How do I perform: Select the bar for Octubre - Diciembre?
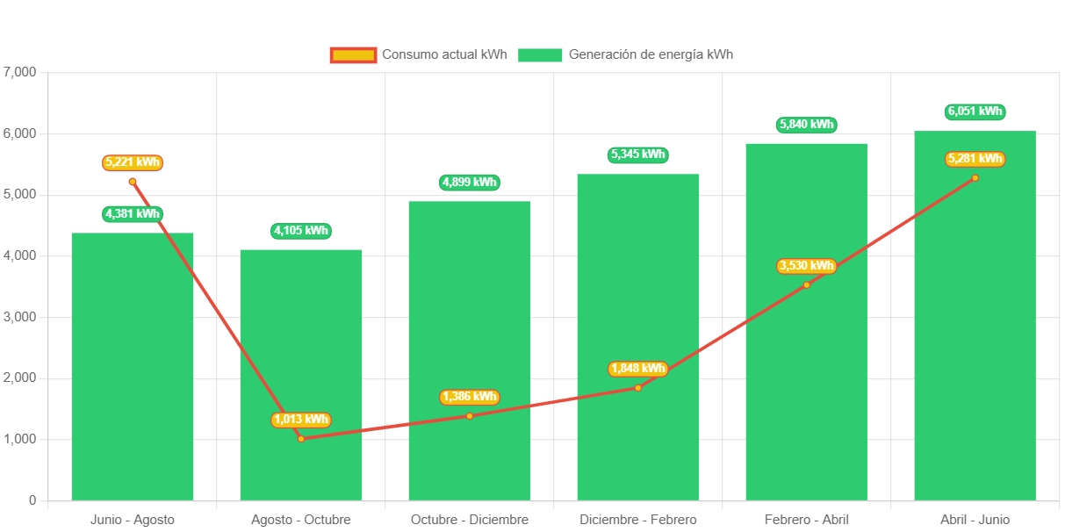click(x=469, y=350)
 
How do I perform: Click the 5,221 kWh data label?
click(x=133, y=162)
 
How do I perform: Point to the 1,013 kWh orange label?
click(x=301, y=420)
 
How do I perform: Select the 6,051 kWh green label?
click(x=975, y=111)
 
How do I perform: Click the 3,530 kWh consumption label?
click(x=806, y=266)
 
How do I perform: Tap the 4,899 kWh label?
click(x=469, y=183)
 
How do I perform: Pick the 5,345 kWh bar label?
click(x=637, y=155)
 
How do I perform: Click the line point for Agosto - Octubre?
click(x=301, y=438)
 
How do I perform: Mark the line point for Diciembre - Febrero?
click(x=638, y=387)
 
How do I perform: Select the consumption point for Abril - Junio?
click(x=975, y=178)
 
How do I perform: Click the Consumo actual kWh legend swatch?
click(x=353, y=54)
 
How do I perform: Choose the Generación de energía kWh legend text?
click(x=651, y=54)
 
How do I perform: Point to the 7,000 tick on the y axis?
click(x=19, y=72)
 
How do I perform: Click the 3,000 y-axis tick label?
click(x=19, y=317)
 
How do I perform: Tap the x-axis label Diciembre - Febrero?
click(x=638, y=520)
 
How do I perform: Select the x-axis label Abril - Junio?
click(x=975, y=520)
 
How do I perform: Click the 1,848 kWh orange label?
click(x=637, y=369)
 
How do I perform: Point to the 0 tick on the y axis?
click(x=32, y=500)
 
